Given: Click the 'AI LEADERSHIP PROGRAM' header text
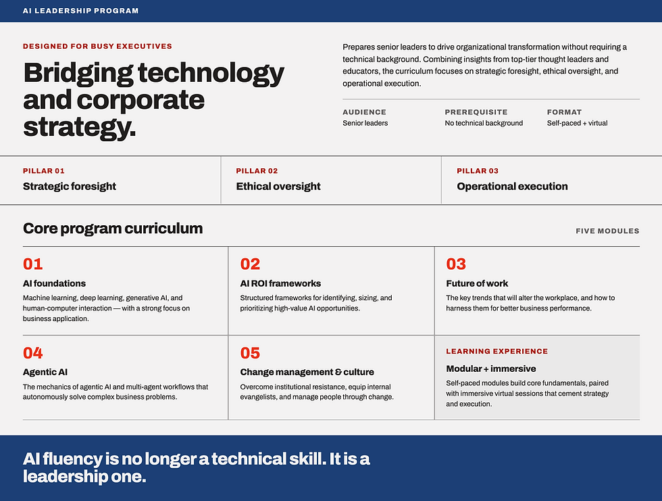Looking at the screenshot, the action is click(x=80, y=11).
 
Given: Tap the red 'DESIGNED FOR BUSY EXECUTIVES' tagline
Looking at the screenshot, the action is click(x=97, y=46).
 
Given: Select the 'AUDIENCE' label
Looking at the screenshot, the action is click(x=364, y=112).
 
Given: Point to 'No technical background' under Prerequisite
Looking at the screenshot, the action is click(x=484, y=123).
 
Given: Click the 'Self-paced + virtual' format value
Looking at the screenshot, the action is click(x=577, y=123).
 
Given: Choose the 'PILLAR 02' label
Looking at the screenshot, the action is click(x=257, y=170).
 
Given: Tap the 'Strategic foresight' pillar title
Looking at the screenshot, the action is click(x=69, y=187).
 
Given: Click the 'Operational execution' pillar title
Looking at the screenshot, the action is click(x=512, y=187).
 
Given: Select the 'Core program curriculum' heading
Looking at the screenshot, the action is click(x=113, y=229).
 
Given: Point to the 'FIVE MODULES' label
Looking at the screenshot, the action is click(x=607, y=231).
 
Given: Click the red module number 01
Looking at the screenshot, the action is click(x=33, y=264).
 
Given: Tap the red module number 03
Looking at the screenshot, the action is click(x=456, y=264).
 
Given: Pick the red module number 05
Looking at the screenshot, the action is click(x=250, y=353).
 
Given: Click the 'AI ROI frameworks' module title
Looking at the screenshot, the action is click(x=280, y=283).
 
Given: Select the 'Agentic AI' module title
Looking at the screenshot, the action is click(x=45, y=372).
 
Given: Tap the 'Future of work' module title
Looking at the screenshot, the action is click(x=477, y=283).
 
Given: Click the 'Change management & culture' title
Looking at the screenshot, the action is click(x=307, y=372).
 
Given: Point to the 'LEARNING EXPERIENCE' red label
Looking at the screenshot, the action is click(x=497, y=351).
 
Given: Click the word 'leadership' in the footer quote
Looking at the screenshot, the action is click(x=66, y=477).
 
